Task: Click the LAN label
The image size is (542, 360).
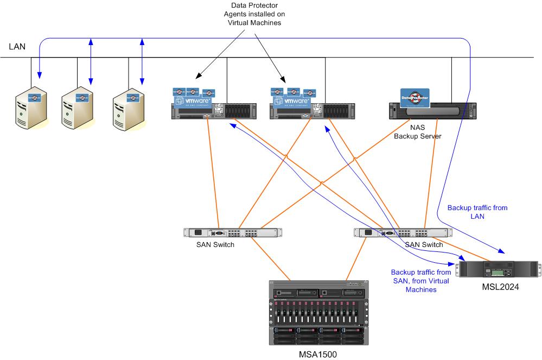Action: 17,47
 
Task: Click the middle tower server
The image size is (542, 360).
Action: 76,106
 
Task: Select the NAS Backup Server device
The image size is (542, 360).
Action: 434,111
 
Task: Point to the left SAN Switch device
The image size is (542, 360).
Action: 233,233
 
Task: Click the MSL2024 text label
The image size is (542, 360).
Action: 500,287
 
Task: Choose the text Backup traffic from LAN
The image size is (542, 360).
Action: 470,212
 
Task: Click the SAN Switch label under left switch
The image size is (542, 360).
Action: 216,244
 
